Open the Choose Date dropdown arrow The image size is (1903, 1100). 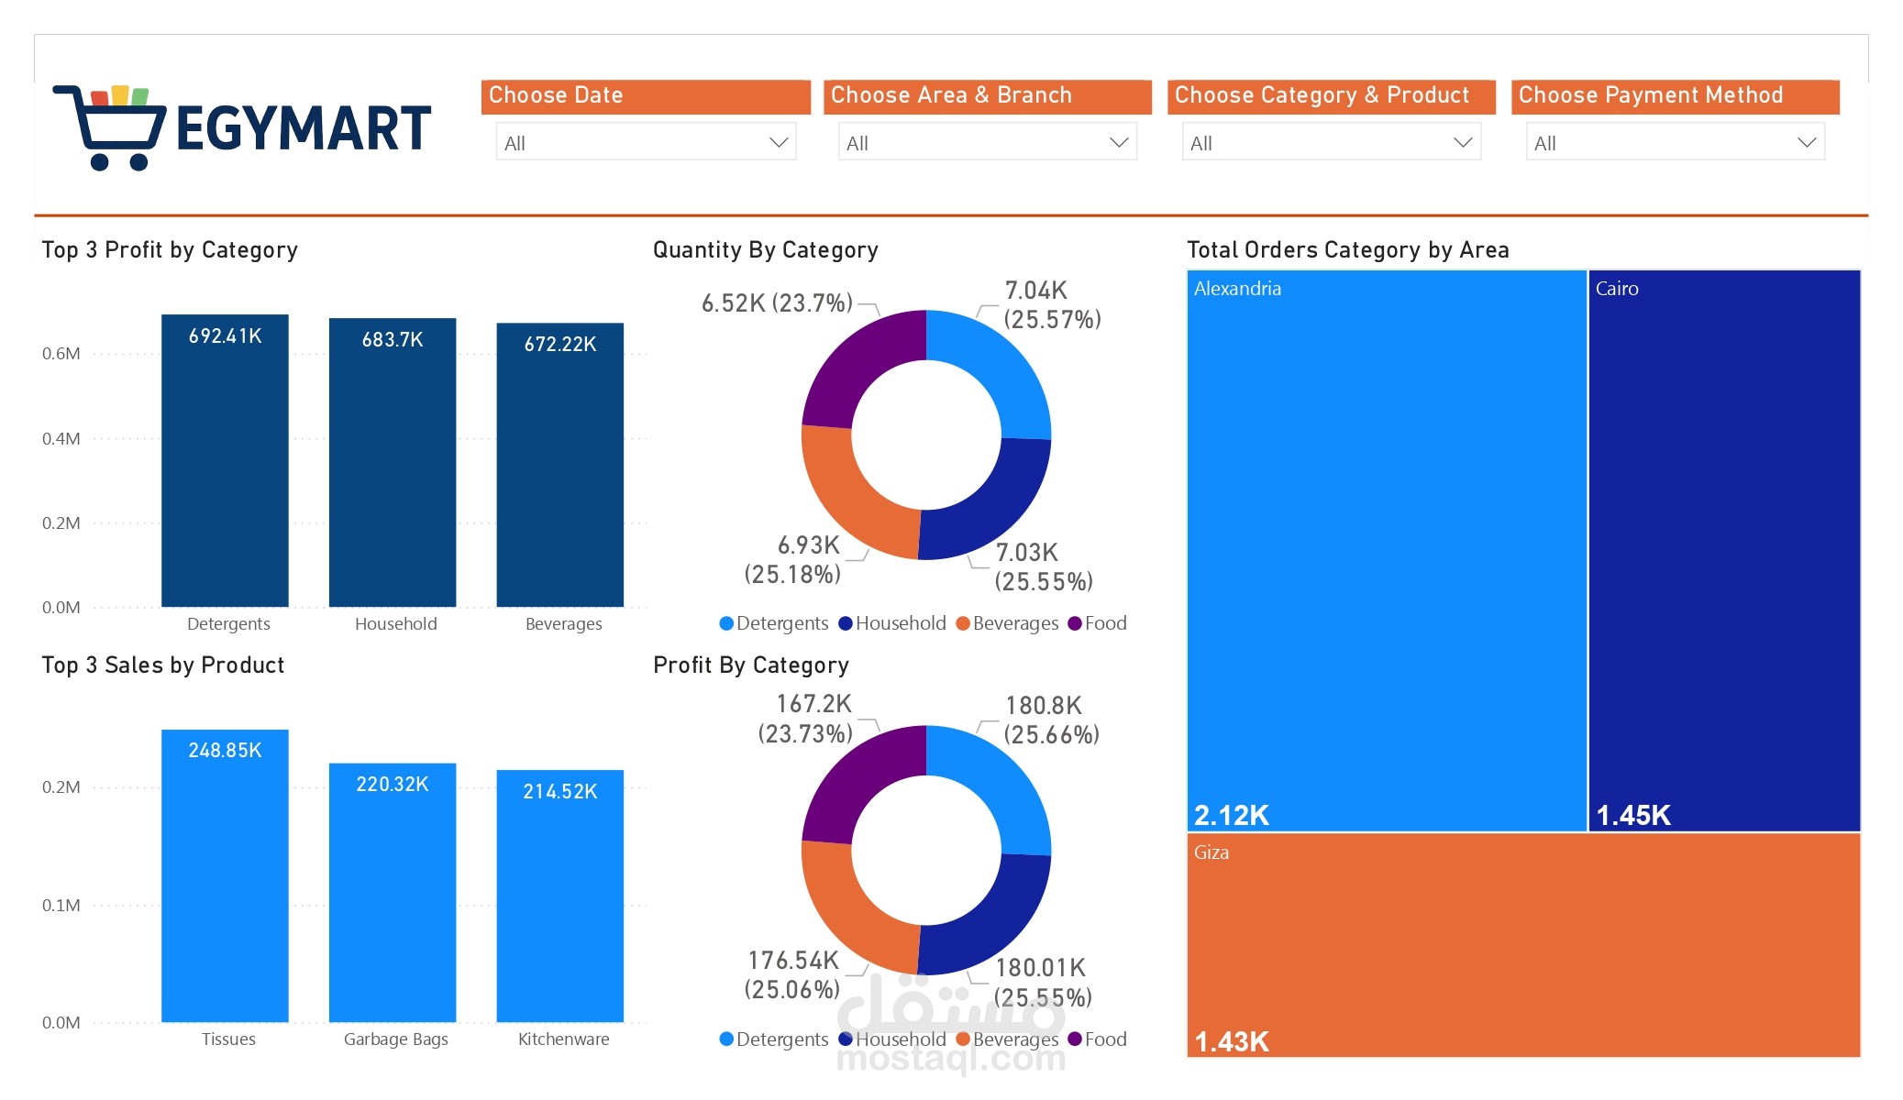779,143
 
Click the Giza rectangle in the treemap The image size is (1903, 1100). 1522,944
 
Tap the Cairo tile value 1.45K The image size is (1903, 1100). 1633,815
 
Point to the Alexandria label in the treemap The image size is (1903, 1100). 1237,289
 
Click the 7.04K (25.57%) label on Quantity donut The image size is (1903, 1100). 1051,305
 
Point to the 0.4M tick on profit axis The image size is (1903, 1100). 61,439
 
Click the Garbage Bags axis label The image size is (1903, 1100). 395,1039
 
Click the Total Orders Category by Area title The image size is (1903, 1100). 1347,250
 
